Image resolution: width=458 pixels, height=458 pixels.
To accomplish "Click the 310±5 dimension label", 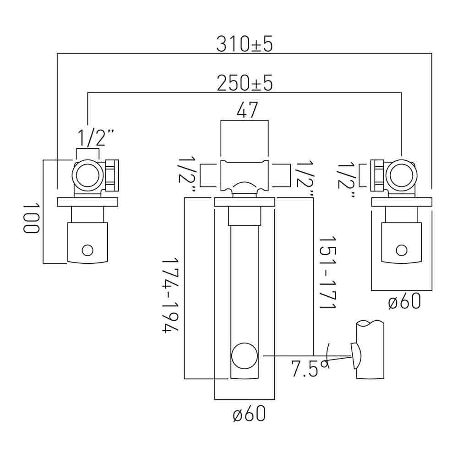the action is pos(245,45).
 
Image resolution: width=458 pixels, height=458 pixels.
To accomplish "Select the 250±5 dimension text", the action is pos(245,83).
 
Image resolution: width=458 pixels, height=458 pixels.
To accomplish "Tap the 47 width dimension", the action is pos(247,110).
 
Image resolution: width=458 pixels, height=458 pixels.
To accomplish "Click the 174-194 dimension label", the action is pos(170,295).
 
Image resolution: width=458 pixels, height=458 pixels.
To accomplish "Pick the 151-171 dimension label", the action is pos(328,272).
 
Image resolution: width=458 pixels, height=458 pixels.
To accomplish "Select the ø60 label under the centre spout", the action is pos(249,414).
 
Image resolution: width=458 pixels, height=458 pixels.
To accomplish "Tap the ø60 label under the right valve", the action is pos(404,301).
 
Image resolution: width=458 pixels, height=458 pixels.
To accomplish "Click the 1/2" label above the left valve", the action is pos(95,138).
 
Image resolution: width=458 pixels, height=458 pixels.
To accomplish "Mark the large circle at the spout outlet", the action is pos(245,356).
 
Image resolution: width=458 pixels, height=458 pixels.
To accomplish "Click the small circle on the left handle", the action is pos(87,251).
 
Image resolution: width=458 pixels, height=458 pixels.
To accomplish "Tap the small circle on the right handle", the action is pos(402,251).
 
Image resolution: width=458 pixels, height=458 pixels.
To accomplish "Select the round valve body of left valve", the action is pos(87,175).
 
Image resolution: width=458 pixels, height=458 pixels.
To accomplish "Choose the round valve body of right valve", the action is pos(402,175).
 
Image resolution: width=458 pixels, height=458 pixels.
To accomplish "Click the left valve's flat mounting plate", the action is pos(87,202).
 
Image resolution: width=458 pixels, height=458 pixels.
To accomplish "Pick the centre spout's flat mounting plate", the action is pos(245,202).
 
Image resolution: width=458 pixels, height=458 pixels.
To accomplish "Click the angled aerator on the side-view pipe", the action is pos(356,355).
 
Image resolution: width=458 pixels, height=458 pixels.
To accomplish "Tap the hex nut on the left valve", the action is pos(112,175).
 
